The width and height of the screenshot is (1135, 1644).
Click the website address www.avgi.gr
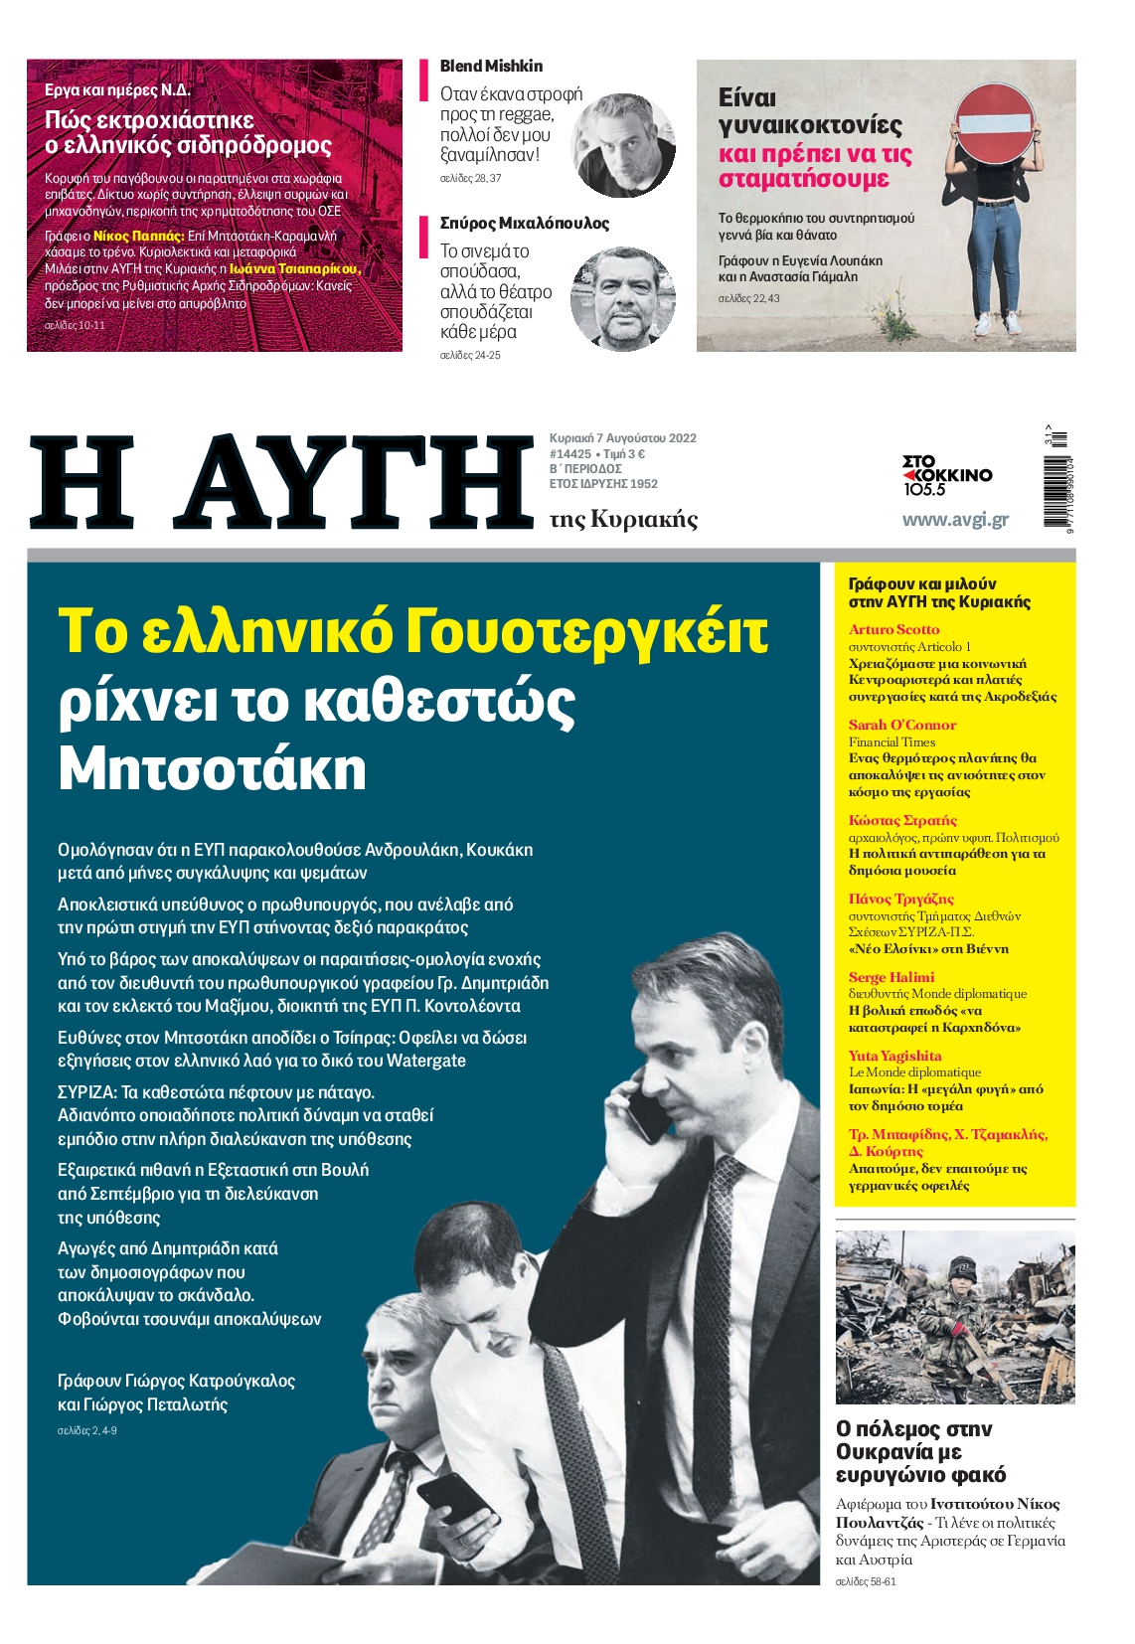click(x=954, y=519)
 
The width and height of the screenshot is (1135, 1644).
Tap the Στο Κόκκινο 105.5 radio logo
click(x=946, y=475)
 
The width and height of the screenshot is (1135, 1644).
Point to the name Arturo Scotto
click(x=893, y=629)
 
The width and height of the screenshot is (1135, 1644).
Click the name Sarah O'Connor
click(x=901, y=725)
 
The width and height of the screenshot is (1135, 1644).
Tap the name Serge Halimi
click(x=892, y=977)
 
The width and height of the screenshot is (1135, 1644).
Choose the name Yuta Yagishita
click(x=894, y=1056)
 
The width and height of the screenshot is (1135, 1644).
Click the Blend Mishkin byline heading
click(x=491, y=67)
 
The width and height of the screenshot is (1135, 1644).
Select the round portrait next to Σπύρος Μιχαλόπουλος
click(x=622, y=298)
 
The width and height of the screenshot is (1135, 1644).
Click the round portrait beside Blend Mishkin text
click(x=624, y=145)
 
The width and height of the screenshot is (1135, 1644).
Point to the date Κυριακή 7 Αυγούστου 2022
click(x=623, y=438)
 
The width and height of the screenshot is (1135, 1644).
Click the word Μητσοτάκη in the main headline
click(x=212, y=768)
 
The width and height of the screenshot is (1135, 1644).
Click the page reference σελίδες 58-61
click(x=865, y=1581)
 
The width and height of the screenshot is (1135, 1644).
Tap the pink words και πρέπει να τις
click(x=814, y=155)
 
